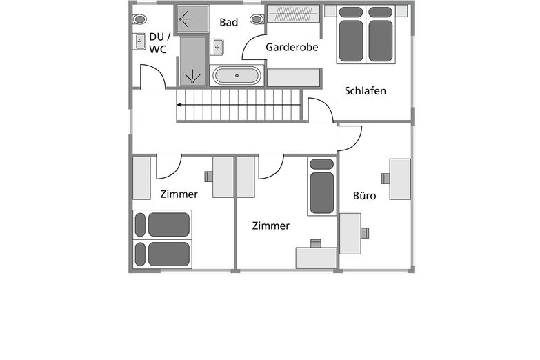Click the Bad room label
[229, 22]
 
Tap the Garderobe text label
[292, 47]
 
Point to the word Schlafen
[365, 91]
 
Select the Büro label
[364, 196]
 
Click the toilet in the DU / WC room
[139, 19]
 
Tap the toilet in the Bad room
[257, 19]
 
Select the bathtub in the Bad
[237, 75]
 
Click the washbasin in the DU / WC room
[139, 41]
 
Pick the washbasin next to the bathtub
[217, 47]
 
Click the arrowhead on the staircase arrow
[179, 105]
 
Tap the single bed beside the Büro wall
[321, 186]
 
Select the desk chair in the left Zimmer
[208, 177]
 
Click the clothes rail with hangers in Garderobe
[293, 14]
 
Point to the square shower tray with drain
[192, 19]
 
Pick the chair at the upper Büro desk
[386, 179]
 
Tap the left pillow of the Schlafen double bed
[351, 12]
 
